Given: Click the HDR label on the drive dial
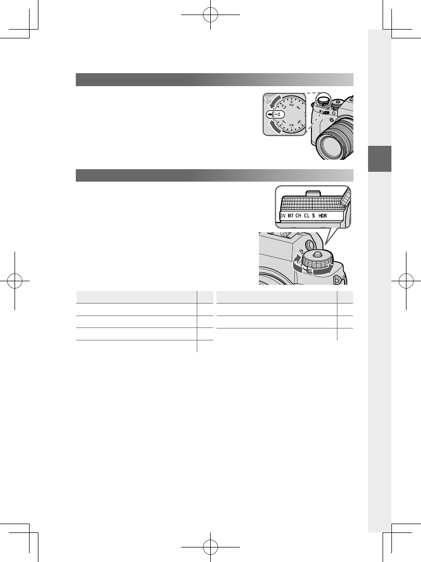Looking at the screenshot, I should coord(323,215).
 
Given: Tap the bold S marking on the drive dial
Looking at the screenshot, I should coord(313,215).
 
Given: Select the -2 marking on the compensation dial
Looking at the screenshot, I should coord(292,126).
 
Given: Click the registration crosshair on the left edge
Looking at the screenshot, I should coord(15,281).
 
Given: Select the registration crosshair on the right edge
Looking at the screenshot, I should coord(405,281).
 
